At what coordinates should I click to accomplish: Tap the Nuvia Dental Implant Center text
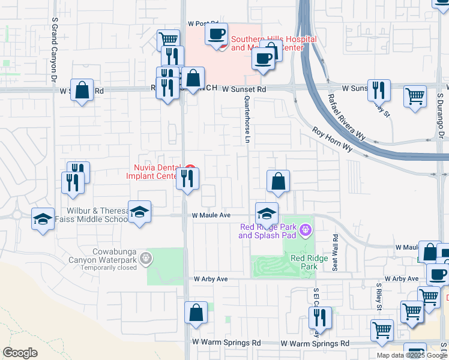(x=153, y=172)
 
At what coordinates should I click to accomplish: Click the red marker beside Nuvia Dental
(x=190, y=168)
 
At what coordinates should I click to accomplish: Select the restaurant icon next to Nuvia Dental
(x=187, y=179)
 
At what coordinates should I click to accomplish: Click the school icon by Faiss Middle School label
(x=139, y=212)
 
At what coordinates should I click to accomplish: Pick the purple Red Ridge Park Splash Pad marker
(x=305, y=230)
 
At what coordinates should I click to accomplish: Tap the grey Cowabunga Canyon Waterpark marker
(x=144, y=259)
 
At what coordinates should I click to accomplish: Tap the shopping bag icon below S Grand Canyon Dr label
(x=82, y=91)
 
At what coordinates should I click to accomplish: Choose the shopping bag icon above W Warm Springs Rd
(x=196, y=313)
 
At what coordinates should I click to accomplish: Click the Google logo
(x=20, y=353)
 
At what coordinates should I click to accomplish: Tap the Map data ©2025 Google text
(x=412, y=355)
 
